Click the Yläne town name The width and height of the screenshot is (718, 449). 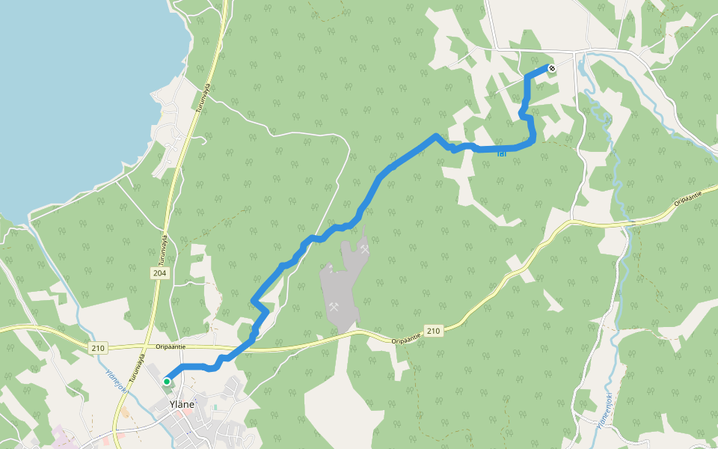click(182, 404)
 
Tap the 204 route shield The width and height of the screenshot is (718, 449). click(161, 273)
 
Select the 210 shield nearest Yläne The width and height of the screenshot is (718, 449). click(99, 347)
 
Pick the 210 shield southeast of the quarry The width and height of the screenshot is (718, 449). click(432, 330)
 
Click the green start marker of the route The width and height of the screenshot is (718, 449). click(167, 382)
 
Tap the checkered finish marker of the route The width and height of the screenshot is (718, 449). click(552, 69)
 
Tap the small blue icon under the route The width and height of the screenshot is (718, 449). click(501, 154)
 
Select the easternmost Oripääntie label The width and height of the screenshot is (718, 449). click(688, 198)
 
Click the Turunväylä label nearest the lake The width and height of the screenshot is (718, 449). click(203, 97)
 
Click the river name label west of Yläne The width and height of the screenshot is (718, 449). click(115, 380)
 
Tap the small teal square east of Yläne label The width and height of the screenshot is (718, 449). click(215, 407)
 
